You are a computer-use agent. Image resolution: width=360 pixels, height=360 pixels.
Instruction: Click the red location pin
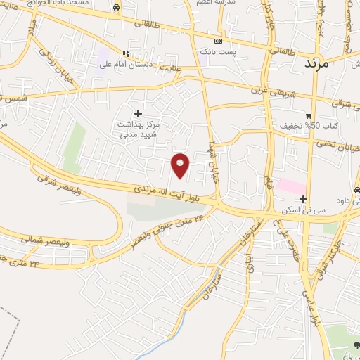click(181, 165)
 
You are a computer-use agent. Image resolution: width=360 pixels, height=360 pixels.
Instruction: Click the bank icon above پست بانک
click(218, 42)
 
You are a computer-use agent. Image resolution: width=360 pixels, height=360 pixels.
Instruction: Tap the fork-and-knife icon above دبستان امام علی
click(126, 53)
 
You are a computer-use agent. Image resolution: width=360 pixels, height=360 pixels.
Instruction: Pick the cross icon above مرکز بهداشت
click(138, 112)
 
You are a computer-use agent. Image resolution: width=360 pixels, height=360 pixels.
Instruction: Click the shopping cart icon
click(309, 115)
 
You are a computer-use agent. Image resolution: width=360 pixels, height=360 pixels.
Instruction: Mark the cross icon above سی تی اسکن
click(303, 199)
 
